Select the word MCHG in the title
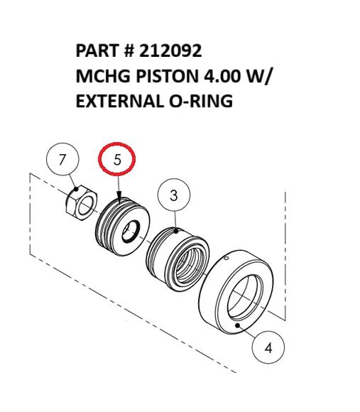click(x=101, y=76)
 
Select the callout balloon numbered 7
click(x=62, y=161)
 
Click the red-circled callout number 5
click(x=117, y=161)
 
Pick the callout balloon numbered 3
click(x=175, y=194)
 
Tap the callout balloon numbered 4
click(x=268, y=348)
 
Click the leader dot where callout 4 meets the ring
click(x=243, y=325)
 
